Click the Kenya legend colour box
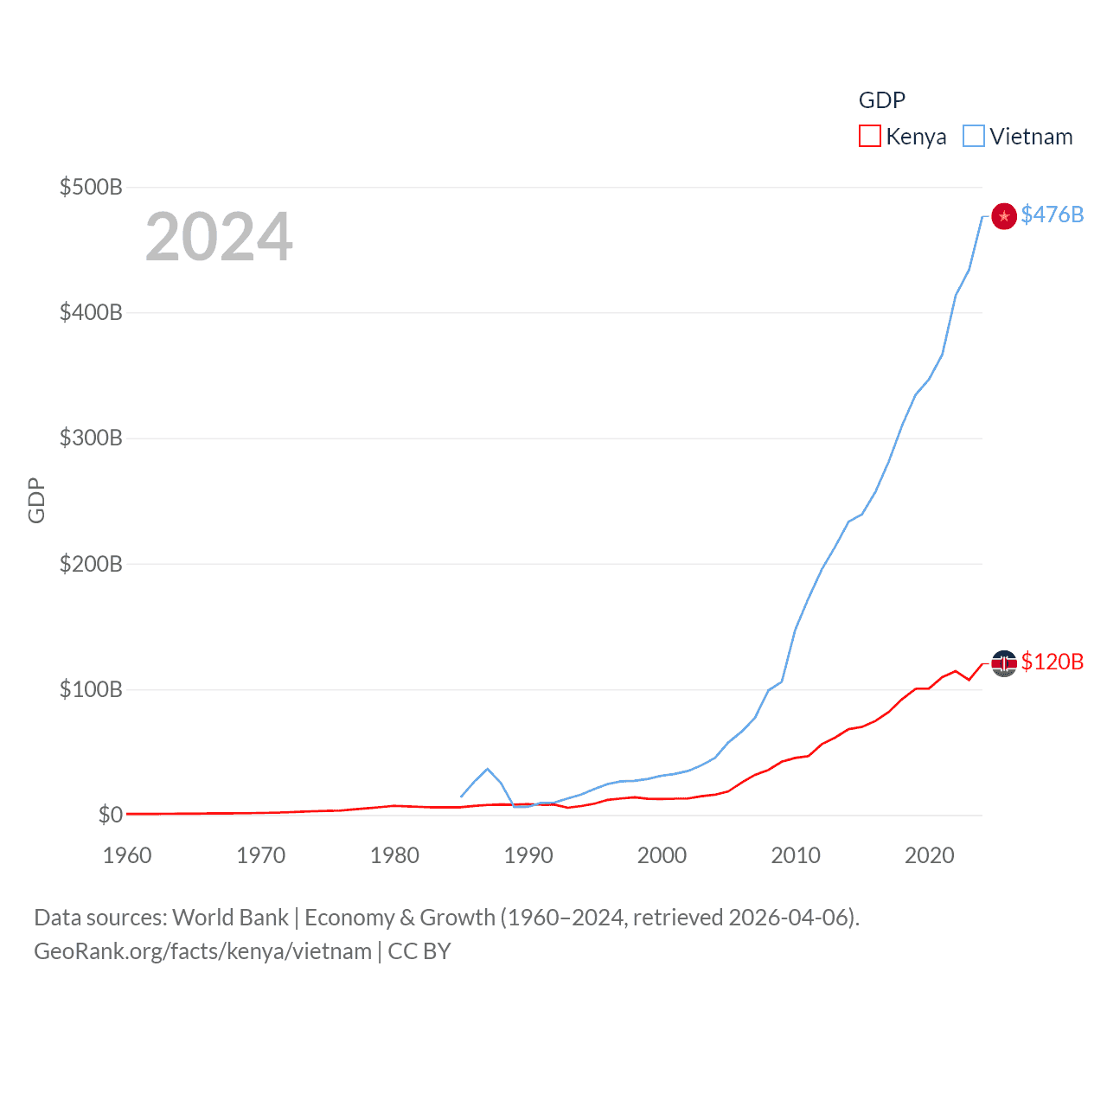pyautogui.click(x=869, y=137)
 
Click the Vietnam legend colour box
pyautogui.click(x=974, y=137)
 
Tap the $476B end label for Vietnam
pyautogui.click(x=1052, y=214)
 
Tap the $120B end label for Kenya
pyautogui.click(x=1052, y=662)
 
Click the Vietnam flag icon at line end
pyautogui.click(x=1003, y=216)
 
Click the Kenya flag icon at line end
pyautogui.click(x=1003, y=663)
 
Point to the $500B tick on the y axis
pyautogui.click(x=91, y=187)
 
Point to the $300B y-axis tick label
pyautogui.click(x=91, y=438)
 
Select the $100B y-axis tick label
pyautogui.click(x=91, y=689)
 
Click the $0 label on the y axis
pyautogui.click(x=110, y=815)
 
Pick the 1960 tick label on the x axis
pyautogui.click(x=127, y=855)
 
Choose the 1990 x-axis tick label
pyautogui.click(x=528, y=855)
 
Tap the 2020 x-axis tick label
pyautogui.click(x=929, y=855)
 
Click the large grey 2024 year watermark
pyautogui.click(x=219, y=237)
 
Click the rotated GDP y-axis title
pyautogui.click(x=36, y=500)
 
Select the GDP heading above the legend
pyautogui.click(x=881, y=100)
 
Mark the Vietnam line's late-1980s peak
pyautogui.click(x=488, y=769)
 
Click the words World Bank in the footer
pyautogui.click(x=230, y=917)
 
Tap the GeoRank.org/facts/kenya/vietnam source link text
pyautogui.click(x=202, y=951)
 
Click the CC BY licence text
pyautogui.click(x=419, y=951)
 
